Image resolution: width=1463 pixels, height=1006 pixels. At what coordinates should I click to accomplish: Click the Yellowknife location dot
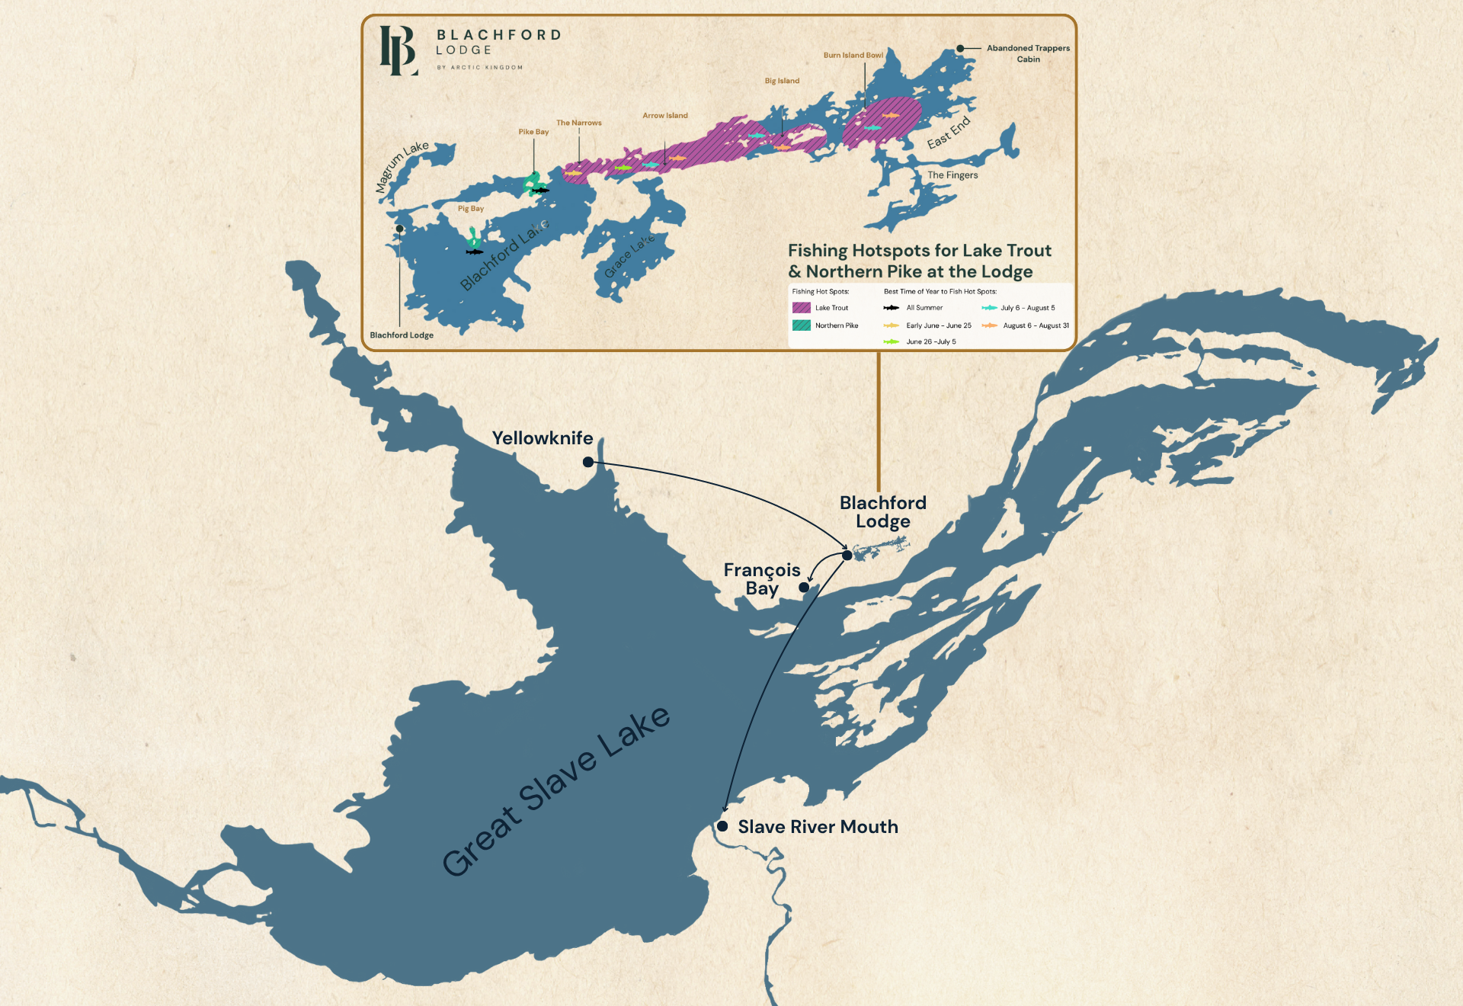[x=588, y=462]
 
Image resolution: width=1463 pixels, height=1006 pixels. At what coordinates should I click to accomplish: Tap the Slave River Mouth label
[x=818, y=827]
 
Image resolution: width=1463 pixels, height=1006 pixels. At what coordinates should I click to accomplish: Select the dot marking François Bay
[x=804, y=587]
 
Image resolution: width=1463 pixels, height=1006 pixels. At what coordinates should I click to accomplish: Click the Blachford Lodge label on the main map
[x=882, y=512]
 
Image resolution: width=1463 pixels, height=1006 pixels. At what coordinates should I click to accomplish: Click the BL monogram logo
[x=399, y=50]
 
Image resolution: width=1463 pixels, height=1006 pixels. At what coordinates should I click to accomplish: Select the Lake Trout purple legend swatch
[x=801, y=308]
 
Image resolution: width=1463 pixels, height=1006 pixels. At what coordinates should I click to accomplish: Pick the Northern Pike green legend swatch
[x=801, y=325]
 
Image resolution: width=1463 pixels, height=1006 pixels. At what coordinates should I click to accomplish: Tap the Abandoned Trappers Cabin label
[x=1028, y=53]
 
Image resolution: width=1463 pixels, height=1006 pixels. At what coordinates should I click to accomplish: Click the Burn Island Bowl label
[x=853, y=55]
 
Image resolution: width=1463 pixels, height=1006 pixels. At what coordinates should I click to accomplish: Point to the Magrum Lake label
[x=402, y=167]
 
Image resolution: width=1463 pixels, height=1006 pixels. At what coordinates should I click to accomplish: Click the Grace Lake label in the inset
[x=629, y=257]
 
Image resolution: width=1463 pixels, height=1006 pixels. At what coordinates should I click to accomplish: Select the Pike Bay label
[x=533, y=132]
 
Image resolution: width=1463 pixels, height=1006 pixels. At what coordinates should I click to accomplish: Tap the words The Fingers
[x=952, y=175]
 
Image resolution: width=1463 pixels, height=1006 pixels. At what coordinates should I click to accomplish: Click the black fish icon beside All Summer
[x=891, y=308]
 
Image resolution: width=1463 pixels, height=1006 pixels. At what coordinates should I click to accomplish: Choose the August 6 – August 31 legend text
[x=1036, y=325]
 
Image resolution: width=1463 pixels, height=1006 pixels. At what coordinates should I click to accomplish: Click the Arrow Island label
[x=664, y=116]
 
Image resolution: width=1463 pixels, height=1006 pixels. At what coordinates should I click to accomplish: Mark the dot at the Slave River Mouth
[x=722, y=826]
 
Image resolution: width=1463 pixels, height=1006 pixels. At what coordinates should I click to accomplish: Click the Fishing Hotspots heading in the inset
[x=919, y=261]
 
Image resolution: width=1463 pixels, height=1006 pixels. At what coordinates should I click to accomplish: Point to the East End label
[x=949, y=133]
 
